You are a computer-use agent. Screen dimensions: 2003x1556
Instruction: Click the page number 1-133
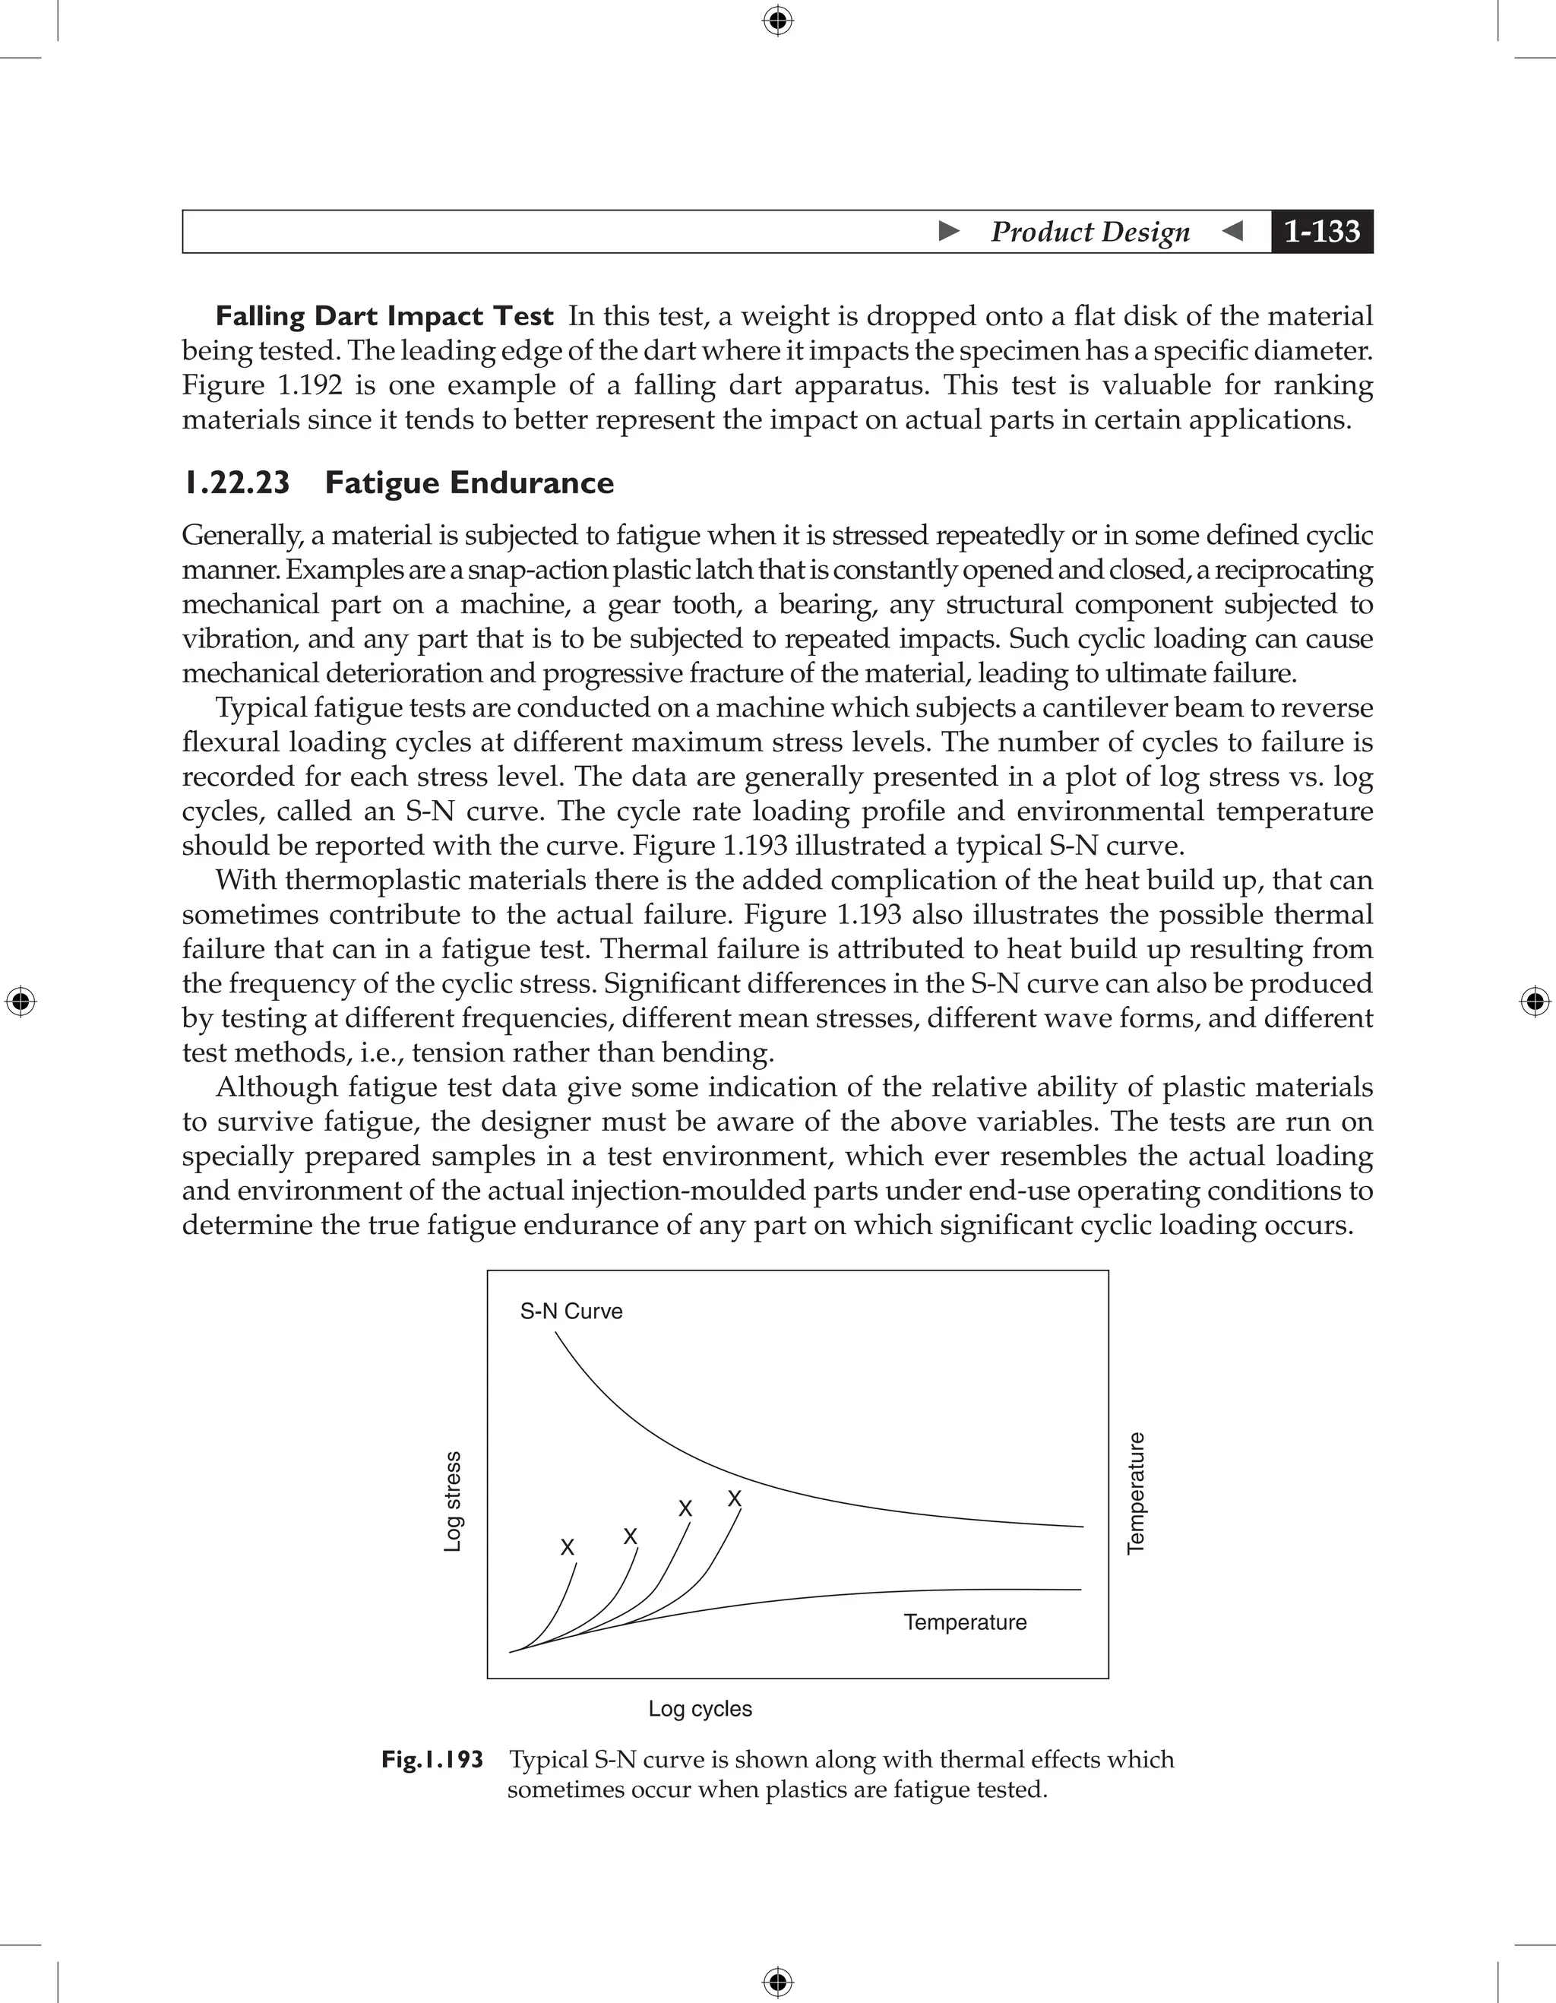[1321, 231]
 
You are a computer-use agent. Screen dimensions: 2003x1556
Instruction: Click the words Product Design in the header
[1090, 231]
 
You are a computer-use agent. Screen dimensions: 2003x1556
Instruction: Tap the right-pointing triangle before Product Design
[949, 231]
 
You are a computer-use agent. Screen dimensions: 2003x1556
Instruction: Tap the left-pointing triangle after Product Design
[1233, 231]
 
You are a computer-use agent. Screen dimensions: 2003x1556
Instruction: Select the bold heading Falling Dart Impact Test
[384, 316]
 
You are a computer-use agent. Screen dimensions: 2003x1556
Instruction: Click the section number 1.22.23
[236, 483]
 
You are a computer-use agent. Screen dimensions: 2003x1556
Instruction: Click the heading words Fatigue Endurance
[469, 483]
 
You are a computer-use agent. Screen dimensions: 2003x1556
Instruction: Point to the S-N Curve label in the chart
[571, 1312]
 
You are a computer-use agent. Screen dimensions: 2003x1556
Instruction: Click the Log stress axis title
[452, 1501]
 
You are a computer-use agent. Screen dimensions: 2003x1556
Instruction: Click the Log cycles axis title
[700, 1709]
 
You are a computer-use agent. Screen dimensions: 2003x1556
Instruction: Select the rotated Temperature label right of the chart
[1135, 1492]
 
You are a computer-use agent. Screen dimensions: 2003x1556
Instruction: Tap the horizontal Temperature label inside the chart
[965, 1622]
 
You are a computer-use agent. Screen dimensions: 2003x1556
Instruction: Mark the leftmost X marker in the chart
[568, 1548]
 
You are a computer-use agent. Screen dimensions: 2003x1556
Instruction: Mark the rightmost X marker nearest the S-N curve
[735, 1498]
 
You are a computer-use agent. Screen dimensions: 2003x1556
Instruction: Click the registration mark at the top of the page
[777, 19]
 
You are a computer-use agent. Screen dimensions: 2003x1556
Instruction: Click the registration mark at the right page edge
[1535, 1001]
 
